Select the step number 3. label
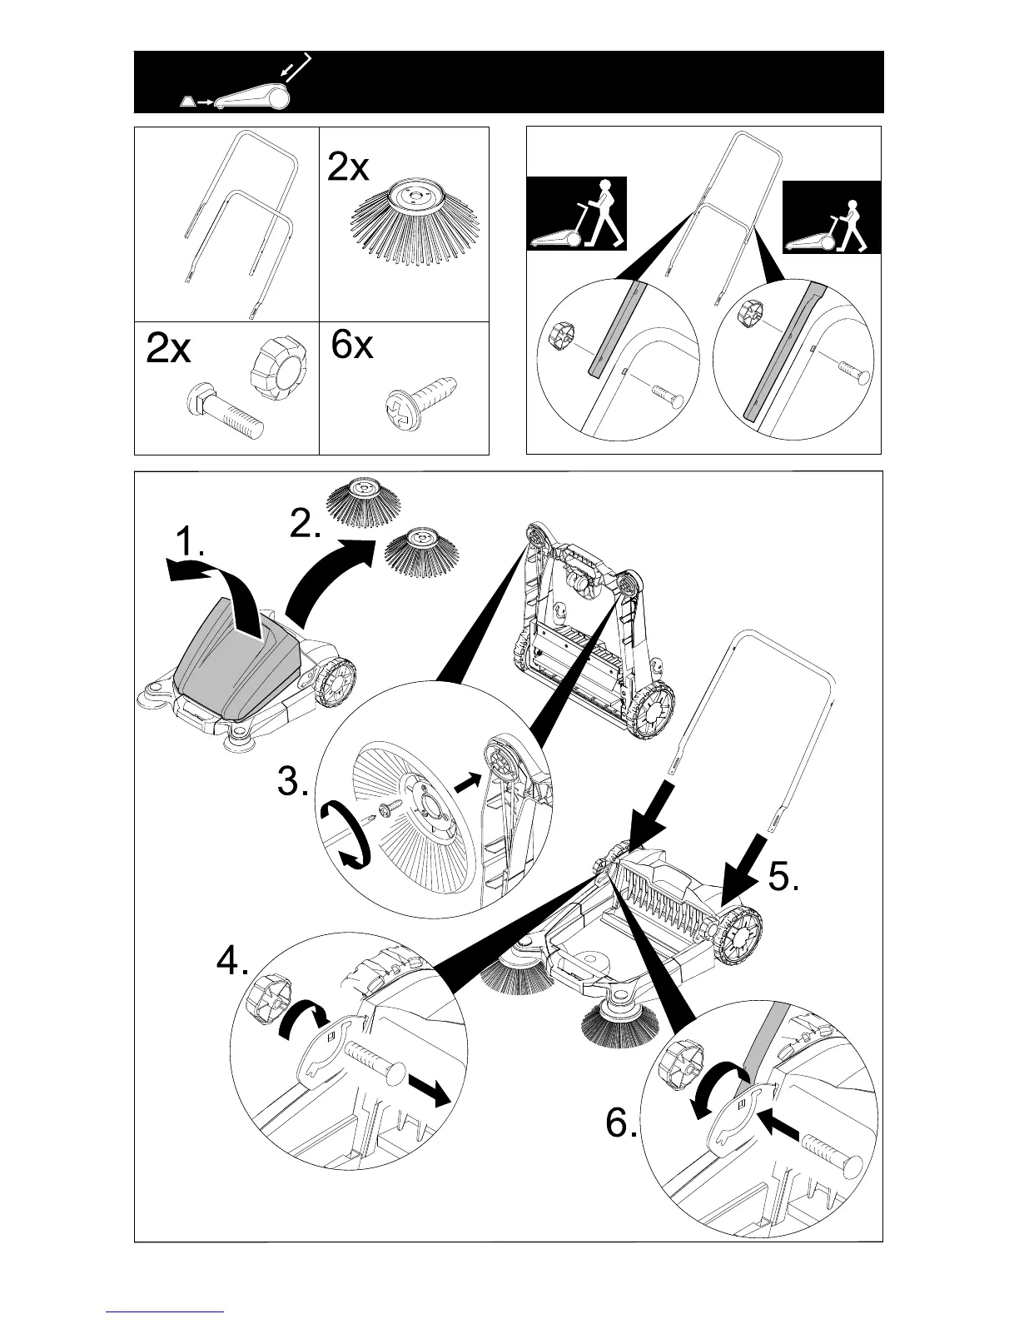pyautogui.click(x=294, y=784)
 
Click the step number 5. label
pyautogui.click(x=783, y=877)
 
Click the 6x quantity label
pyautogui.click(x=351, y=344)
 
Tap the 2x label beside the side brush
pyautogui.click(x=348, y=169)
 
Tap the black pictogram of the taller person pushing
pyautogui.click(x=578, y=214)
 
